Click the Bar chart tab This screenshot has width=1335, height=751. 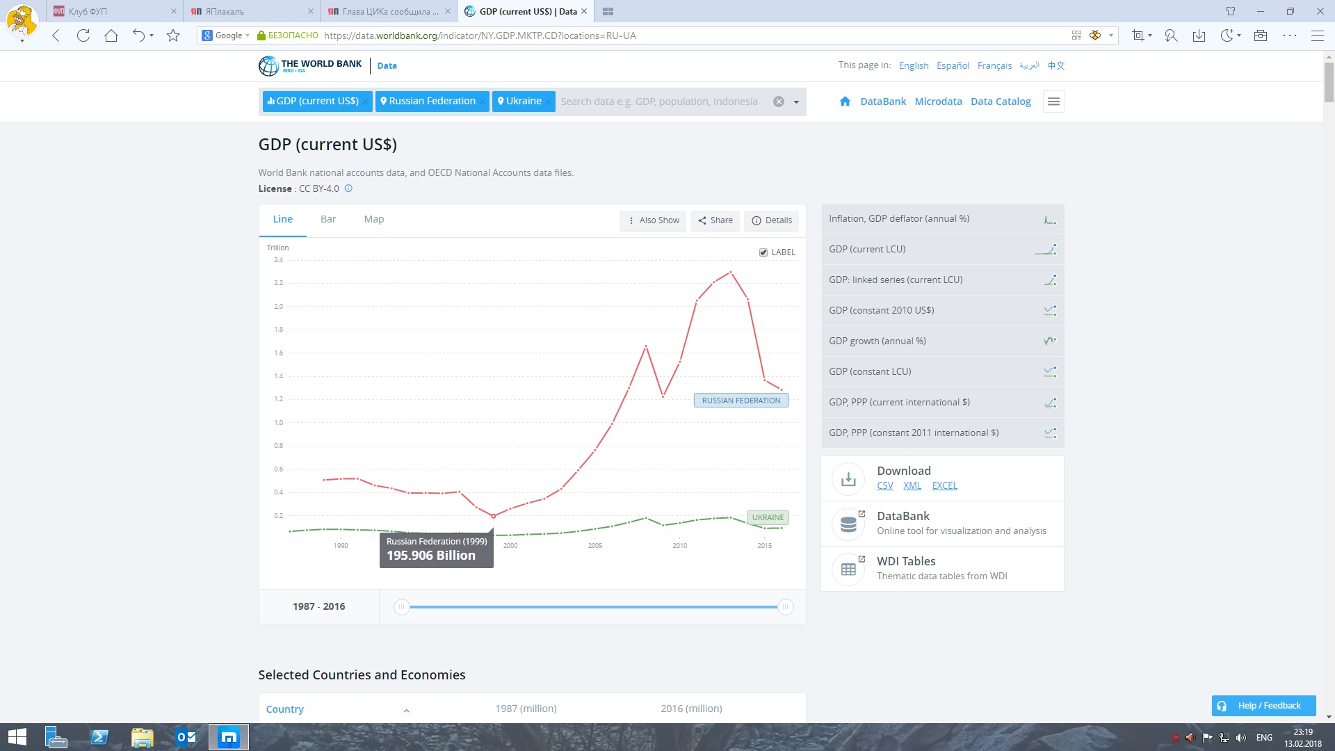tap(328, 219)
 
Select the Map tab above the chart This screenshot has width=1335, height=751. tap(374, 219)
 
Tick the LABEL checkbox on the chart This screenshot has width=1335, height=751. tap(763, 252)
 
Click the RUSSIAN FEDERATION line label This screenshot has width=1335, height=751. tap(741, 401)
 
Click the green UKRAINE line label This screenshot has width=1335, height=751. tap(768, 517)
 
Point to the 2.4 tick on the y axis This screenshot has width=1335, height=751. tap(279, 260)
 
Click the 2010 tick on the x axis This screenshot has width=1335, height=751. tap(680, 546)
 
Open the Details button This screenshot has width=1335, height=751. tap(772, 220)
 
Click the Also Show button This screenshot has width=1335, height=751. tap(653, 220)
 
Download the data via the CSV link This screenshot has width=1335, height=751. tap(885, 485)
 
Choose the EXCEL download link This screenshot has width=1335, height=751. tap(945, 485)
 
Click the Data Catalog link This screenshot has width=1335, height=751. tap(1001, 102)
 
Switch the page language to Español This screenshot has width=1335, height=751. tap(953, 65)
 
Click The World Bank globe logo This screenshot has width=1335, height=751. tap(268, 66)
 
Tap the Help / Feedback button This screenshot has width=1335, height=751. tap(1263, 706)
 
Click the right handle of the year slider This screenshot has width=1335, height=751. tap(785, 607)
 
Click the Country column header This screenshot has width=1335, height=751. tap(285, 709)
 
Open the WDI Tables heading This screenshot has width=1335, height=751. tap(906, 561)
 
